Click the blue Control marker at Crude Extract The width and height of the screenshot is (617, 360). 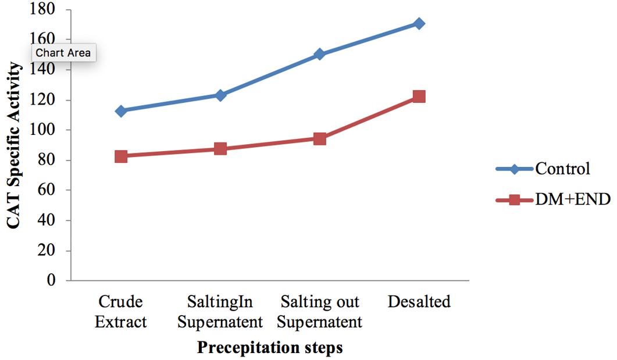pyautogui.click(x=121, y=111)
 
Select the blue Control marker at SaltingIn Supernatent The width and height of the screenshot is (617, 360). pyautogui.click(x=220, y=95)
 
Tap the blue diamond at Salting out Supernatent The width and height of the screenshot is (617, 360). pyautogui.click(x=319, y=54)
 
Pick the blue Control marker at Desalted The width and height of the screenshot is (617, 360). pyautogui.click(x=419, y=24)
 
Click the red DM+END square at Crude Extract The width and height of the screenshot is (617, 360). pyautogui.click(x=121, y=156)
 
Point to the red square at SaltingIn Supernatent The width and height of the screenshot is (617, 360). pyautogui.click(x=220, y=149)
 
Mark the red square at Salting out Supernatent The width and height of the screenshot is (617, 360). pyautogui.click(x=319, y=138)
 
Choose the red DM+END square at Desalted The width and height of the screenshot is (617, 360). pyautogui.click(x=419, y=97)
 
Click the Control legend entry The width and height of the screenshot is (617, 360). pyautogui.click(x=543, y=169)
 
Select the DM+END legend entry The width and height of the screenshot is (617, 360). pyautogui.click(x=553, y=199)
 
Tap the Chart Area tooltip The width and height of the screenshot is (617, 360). pyautogui.click(x=63, y=52)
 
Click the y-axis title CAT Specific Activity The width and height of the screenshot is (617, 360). pyautogui.click(x=14, y=145)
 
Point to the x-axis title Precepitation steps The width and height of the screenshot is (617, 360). pyautogui.click(x=270, y=347)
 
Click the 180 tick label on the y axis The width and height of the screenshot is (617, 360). pyautogui.click(x=42, y=9)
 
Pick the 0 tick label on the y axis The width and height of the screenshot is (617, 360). pyautogui.click(x=51, y=280)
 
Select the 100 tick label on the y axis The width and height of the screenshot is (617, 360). pyautogui.click(x=42, y=129)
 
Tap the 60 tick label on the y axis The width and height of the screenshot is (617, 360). pyautogui.click(x=47, y=190)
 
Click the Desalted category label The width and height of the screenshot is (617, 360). pyautogui.click(x=419, y=302)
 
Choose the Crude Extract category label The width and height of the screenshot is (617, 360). pyautogui.click(x=121, y=312)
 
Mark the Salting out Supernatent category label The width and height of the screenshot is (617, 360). pyautogui.click(x=319, y=312)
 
